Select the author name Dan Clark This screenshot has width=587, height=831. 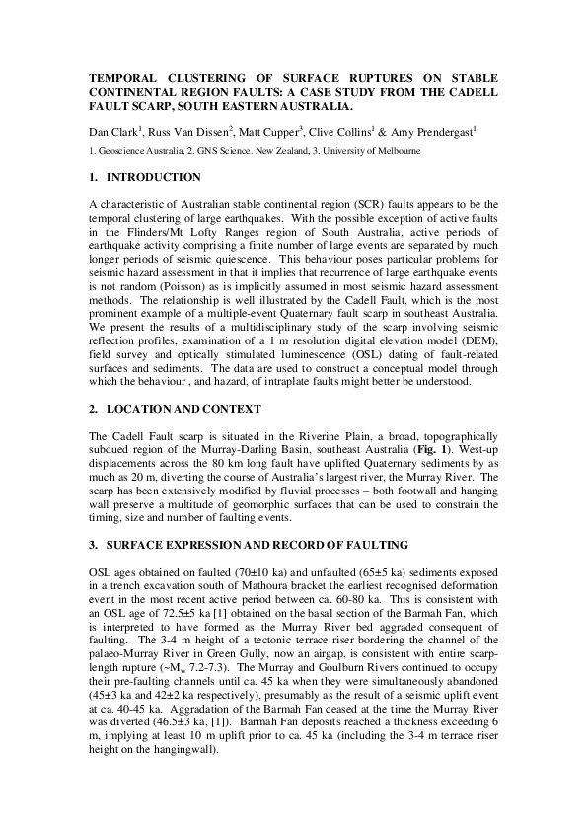[112, 129]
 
